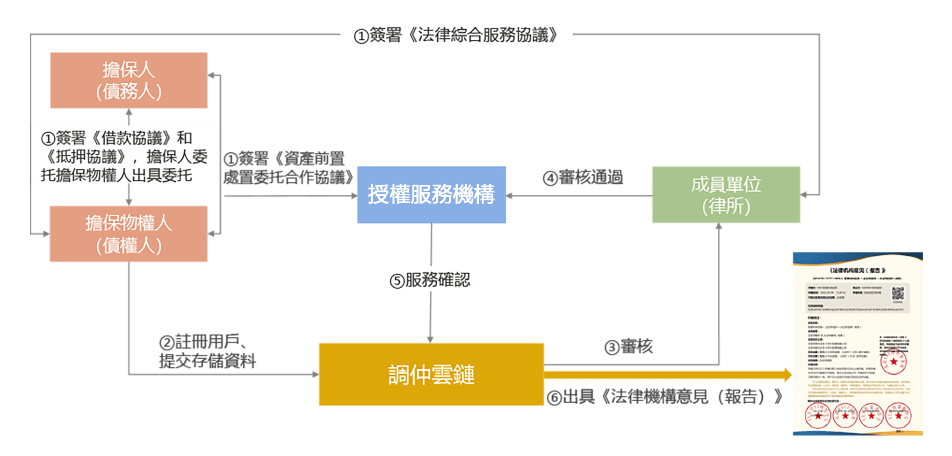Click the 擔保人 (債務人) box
[129, 80]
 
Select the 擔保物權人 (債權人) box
[129, 234]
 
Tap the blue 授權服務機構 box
[431, 195]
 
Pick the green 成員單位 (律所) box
[726, 195]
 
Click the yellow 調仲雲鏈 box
[431, 374]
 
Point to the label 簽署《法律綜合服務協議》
[456, 34]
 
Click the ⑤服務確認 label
[430, 279]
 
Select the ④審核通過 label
[583, 178]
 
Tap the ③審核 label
[629, 347]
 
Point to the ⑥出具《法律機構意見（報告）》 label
[664, 397]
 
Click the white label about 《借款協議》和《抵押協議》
[124, 155]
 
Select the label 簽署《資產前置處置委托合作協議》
[288, 168]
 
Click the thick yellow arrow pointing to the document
[669, 375]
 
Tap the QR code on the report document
[898, 294]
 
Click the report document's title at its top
[858, 271]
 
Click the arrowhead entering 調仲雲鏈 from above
[430, 339]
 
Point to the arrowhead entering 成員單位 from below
[719, 227]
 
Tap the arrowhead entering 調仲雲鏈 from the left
[315, 374]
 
